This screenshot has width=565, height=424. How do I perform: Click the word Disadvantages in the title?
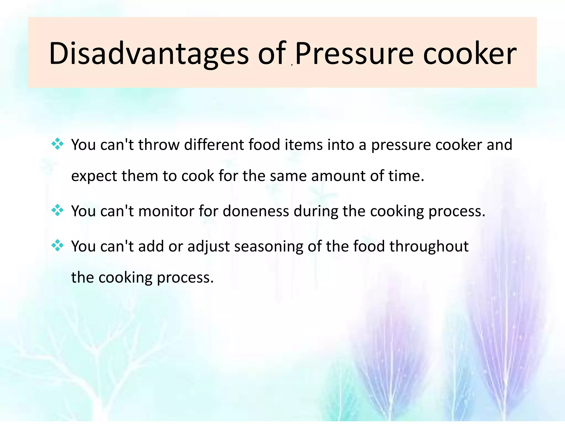149,54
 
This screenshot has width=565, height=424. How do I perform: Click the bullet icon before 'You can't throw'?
57,144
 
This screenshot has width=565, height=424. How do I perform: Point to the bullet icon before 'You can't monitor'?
57,210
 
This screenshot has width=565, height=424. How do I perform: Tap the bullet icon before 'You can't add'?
57,245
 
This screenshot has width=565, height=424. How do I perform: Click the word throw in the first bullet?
159,145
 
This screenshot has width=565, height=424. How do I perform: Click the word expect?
94,176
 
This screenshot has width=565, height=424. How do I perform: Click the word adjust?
209,247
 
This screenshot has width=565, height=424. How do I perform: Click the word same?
288,176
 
